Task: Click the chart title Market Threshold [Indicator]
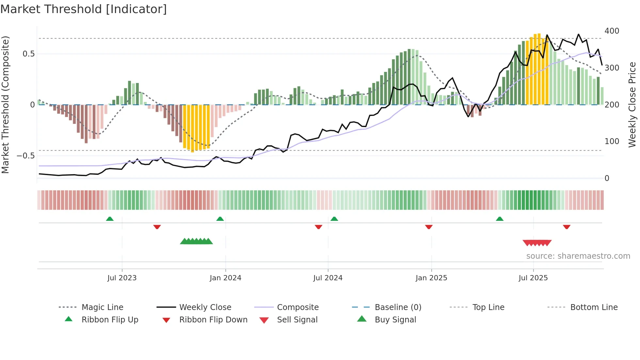coord(84,9)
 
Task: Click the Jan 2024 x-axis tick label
coord(225,278)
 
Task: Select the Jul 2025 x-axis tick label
coord(533,278)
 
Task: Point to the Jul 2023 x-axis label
coord(122,278)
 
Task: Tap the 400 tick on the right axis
coord(612,31)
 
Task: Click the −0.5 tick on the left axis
coord(25,156)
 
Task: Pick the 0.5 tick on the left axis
coord(28,54)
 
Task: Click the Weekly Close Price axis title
coord(632,105)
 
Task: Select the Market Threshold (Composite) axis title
coord(6,105)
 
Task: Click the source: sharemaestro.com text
coord(578,256)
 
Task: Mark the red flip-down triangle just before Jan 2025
coord(429,227)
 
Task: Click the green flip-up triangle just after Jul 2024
coord(334,219)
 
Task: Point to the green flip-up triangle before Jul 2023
coord(110,219)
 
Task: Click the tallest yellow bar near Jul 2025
coord(539,69)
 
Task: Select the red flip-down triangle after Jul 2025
coord(567,227)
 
